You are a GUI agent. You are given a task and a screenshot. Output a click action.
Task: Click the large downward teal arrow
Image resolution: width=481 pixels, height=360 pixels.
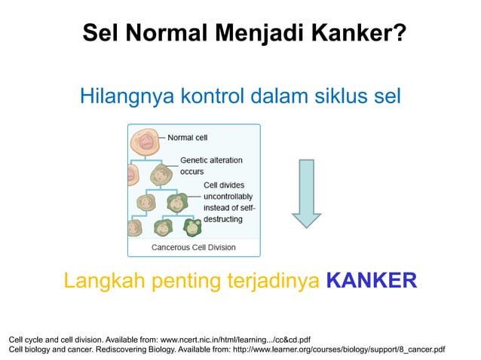click(306, 193)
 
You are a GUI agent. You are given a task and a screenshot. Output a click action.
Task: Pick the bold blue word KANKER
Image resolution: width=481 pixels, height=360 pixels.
click(371, 281)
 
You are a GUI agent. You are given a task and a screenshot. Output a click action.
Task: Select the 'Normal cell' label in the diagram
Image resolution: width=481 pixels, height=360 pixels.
click(187, 138)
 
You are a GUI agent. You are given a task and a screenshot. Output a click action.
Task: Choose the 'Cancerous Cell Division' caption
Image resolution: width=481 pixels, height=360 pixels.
click(194, 247)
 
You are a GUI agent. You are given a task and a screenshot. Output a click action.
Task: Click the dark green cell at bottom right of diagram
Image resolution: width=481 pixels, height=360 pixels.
click(193, 226)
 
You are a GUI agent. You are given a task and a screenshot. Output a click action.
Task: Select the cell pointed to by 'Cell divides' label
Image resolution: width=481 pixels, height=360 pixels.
click(178, 201)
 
